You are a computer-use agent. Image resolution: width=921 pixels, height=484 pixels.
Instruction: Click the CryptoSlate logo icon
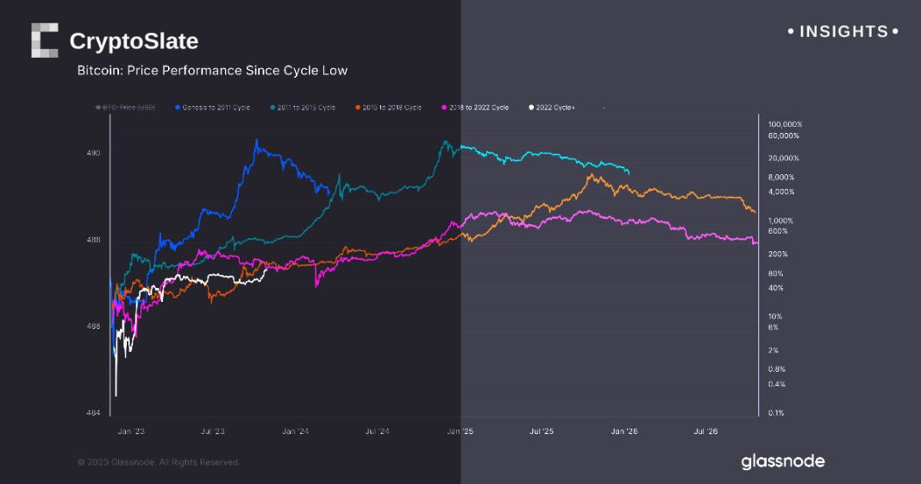[x=44, y=41]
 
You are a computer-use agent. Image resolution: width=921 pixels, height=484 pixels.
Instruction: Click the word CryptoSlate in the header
[x=134, y=41]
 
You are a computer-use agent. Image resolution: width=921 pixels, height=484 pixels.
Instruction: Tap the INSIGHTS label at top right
[x=843, y=32]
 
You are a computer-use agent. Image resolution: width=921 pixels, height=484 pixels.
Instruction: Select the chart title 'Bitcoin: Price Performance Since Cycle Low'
[x=212, y=71]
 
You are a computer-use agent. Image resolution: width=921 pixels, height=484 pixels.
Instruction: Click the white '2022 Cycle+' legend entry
[x=552, y=107]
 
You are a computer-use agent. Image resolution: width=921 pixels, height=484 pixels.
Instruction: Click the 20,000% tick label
[x=784, y=158]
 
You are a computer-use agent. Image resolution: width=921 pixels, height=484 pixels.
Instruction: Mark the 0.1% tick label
[x=775, y=412]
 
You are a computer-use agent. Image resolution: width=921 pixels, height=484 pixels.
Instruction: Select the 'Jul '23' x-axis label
[x=212, y=430]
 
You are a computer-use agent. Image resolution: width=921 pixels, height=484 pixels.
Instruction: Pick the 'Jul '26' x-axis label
[x=706, y=430]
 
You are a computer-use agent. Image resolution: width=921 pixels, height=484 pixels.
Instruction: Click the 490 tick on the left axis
[x=93, y=153]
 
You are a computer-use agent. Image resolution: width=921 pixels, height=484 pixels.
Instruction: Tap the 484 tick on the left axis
[x=93, y=412]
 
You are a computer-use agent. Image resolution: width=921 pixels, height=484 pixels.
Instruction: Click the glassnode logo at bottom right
[x=782, y=462]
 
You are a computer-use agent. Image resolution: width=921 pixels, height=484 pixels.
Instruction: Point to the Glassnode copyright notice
[x=159, y=462]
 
